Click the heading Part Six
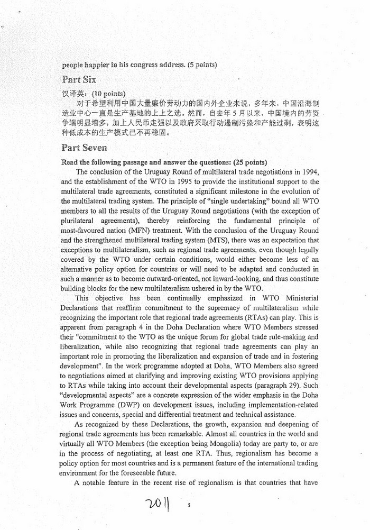coord(78,80)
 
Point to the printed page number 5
coord(189,505)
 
